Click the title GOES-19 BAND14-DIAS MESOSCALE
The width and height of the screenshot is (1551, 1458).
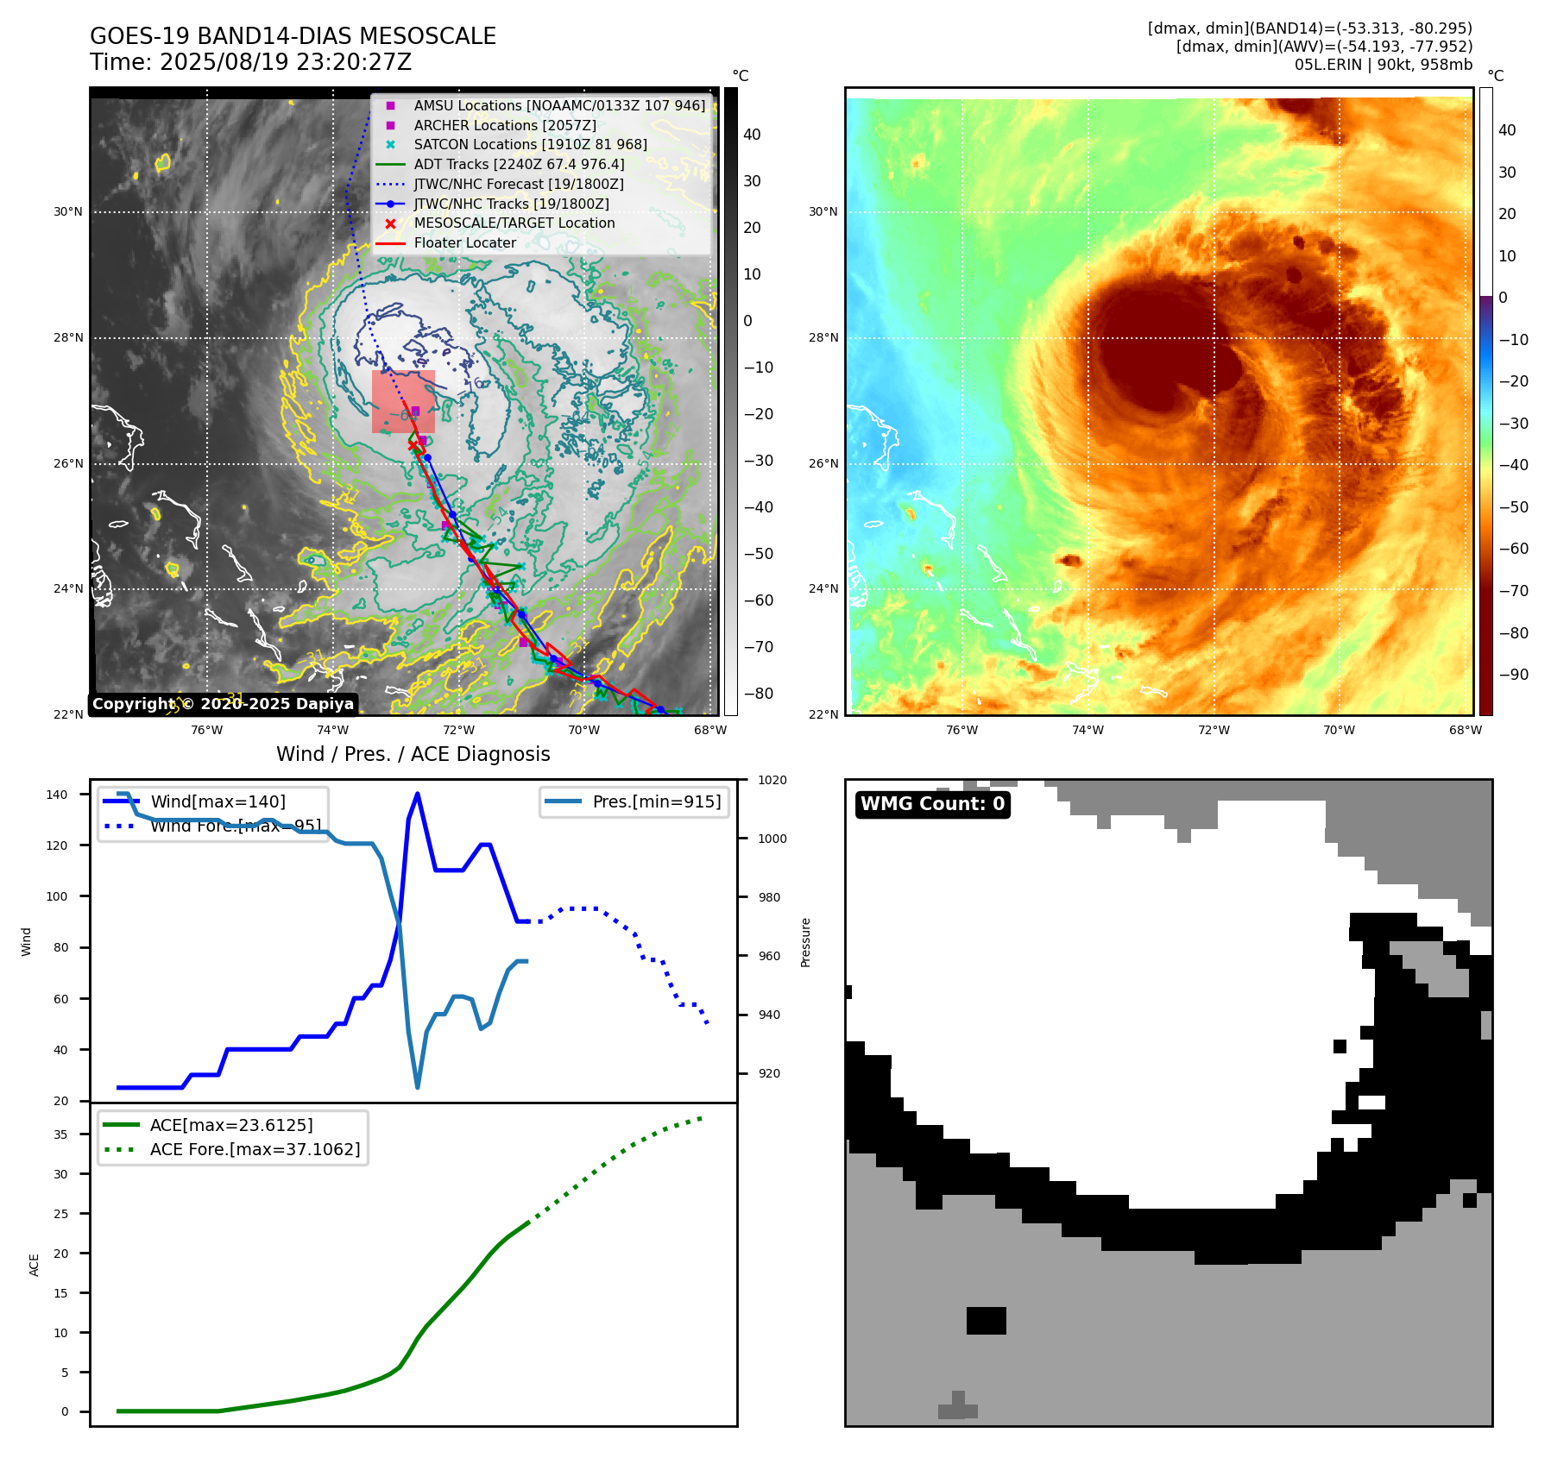[x=293, y=36]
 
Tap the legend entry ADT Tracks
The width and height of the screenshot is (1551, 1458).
[x=519, y=164]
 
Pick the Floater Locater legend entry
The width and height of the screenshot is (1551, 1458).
[x=464, y=242]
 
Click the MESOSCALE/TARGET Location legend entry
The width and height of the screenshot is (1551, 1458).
[x=514, y=223]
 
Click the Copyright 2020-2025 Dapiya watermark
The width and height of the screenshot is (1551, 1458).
[x=223, y=704]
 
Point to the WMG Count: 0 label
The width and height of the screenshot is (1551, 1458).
[x=932, y=804]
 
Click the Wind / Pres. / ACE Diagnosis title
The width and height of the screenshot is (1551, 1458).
[x=413, y=754]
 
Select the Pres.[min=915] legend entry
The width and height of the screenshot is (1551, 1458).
[x=656, y=801]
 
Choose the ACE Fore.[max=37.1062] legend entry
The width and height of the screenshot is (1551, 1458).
[x=255, y=1149]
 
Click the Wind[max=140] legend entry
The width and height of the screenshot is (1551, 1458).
[x=218, y=801]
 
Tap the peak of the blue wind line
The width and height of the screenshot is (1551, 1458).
[x=418, y=794]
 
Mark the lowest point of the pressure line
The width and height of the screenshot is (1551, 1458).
[x=418, y=1087]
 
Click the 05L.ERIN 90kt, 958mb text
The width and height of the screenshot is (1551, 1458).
[x=1383, y=65]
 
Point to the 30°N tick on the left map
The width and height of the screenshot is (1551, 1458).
[x=68, y=211]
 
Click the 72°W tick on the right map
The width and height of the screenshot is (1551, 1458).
[x=1214, y=730]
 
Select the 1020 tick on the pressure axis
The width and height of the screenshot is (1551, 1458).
[x=772, y=780]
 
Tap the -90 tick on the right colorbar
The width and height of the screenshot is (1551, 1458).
[x=1513, y=675]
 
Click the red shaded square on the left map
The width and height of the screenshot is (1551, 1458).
[x=403, y=401]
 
